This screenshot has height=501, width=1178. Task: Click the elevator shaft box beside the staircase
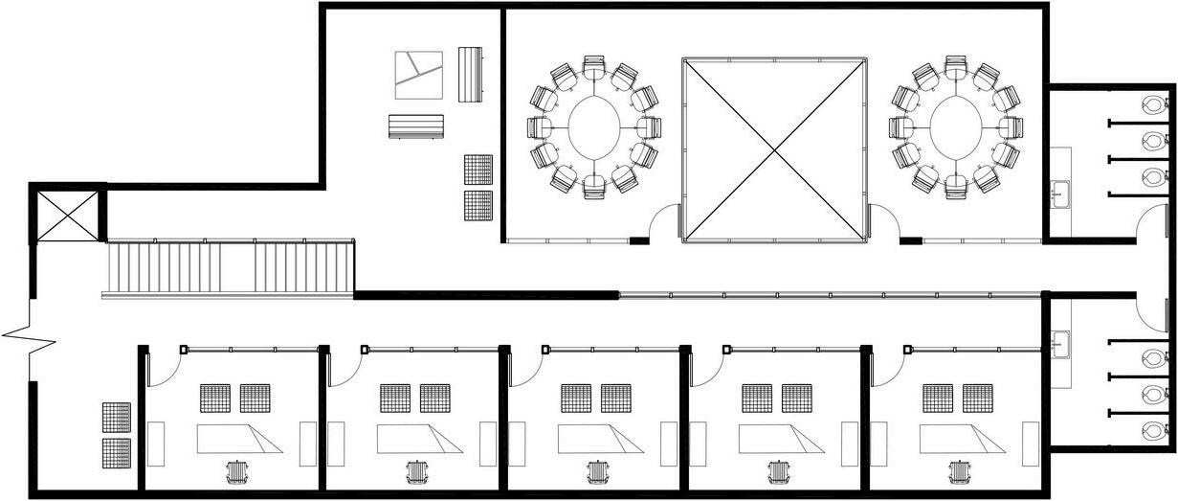(68, 216)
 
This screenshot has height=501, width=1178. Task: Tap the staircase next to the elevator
(230, 268)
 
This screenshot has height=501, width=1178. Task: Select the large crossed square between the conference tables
(774, 149)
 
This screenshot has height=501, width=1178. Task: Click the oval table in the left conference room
(596, 126)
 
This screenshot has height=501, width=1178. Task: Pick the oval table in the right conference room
(955, 126)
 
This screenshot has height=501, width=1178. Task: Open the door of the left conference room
(662, 224)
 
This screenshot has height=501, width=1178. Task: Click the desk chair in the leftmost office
(235, 472)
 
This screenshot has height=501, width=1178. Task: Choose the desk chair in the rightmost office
(958, 472)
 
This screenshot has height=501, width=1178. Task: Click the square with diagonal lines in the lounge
(419, 75)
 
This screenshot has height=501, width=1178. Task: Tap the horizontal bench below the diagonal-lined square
(416, 126)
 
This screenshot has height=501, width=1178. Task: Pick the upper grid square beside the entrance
(116, 417)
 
